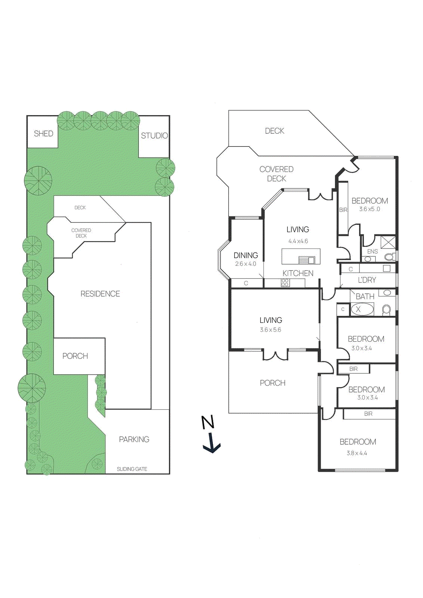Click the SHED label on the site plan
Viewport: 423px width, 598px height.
click(x=43, y=133)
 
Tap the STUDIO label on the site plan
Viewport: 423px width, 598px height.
click(x=154, y=136)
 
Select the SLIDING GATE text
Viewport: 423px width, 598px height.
click(x=132, y=469)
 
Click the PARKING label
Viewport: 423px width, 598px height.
click(x=134, y=440)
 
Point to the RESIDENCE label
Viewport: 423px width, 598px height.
click(x=100, y=294)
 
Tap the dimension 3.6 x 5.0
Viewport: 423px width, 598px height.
click(x=369, y=209)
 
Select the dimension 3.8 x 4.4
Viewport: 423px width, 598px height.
click(x=356, y=453)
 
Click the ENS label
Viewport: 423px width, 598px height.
click(x=372, y=252)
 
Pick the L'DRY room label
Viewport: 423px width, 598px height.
click(x=367, y=280)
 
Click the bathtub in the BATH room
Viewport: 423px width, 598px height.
click(x=362, y=309)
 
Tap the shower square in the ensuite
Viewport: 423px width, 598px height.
click(x=388, y=242)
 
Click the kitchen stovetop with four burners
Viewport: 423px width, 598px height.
click(x=285, y=283)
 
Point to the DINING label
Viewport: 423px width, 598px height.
click(x=246, y=255)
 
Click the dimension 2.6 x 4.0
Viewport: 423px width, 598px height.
click(x=246, y=264)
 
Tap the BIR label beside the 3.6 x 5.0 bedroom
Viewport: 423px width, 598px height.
click(x=343, y=210)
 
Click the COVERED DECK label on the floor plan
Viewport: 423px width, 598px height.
click(x=276, y=174)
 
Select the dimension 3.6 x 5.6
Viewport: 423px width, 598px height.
click(x=270, y=330)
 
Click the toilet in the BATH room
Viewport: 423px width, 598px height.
click(x=386, y=310)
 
